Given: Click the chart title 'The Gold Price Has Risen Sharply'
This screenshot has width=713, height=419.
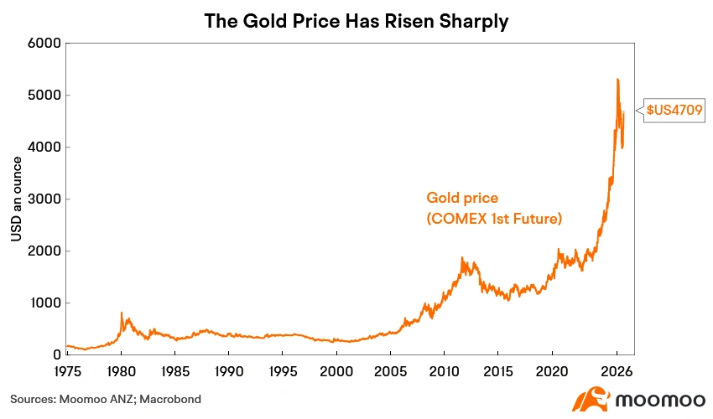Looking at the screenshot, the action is click(356, 21).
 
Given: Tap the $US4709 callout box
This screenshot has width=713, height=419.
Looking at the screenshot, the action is click(674, 110).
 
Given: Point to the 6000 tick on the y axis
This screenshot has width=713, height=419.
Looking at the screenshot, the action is click(44, 44).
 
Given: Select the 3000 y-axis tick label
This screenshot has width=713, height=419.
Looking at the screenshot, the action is click(44, 199).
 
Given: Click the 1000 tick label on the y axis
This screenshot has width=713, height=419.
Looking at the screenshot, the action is click(45, 303).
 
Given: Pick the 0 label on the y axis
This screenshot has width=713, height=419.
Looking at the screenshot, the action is click(57, 354).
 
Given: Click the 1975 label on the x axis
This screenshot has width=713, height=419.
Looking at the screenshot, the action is click(67, 371).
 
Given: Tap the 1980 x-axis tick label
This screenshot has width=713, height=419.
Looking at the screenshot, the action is click(122, 371).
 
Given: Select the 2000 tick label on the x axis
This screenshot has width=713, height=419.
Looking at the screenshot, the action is click(336, 371).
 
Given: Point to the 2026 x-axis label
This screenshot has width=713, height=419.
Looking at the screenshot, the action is click(617, 371).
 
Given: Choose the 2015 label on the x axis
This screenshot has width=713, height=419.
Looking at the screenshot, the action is click(498, 371).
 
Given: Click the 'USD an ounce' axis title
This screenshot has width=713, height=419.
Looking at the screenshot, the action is click(17, 199).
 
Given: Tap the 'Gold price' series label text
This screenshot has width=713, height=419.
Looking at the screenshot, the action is click(462, 198).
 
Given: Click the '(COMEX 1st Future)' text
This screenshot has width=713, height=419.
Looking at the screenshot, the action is click(494, 219).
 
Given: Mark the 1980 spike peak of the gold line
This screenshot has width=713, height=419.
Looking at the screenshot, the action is click(122, 313).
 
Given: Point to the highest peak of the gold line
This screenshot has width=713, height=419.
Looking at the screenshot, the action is click(617, 80).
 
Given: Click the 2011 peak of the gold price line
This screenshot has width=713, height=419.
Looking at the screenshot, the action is click(462, 258).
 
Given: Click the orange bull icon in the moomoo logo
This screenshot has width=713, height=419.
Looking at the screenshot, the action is click(591, 399).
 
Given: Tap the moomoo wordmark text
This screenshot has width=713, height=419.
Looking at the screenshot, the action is click(660, 400).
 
